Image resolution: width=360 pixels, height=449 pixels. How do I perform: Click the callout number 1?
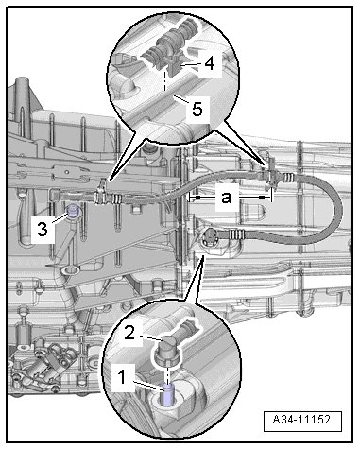[122, 377]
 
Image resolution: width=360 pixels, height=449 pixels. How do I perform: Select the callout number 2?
[129, 333]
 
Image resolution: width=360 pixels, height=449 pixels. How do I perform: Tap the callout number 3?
[43, 229]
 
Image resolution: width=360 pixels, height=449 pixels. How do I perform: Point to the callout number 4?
[210, 63]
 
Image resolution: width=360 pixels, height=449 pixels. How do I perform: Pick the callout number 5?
[197, 110]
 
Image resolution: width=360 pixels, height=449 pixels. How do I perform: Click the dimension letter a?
[227, 198]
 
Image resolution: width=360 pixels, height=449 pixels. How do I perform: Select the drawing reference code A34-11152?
[302, 420]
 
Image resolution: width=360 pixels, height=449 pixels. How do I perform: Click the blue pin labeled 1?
[167, 394]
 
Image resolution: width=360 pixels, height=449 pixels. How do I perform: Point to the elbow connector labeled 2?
[168, 350]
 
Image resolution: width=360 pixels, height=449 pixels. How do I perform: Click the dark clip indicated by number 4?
[173, 67]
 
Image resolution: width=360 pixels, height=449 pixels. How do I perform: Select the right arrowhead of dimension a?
[262, 198]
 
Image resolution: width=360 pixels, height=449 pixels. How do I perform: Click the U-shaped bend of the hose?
[337, 208]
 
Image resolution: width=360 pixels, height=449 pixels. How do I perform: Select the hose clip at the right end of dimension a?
[269, 176]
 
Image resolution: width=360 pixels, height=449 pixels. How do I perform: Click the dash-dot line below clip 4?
[165, 81]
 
